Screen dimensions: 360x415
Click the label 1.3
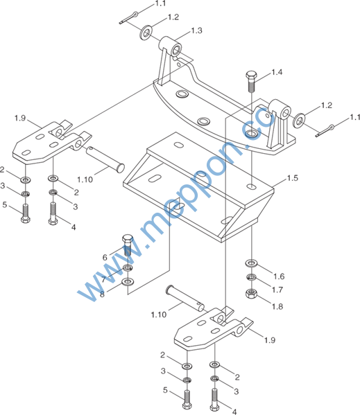click(x=197, y=30)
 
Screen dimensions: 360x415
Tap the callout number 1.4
click(x=277, y=72)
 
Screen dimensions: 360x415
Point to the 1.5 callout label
click(x=293, y=178)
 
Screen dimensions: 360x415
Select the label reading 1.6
click(x=279, y=276)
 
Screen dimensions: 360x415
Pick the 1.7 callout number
click(x=277, y=290)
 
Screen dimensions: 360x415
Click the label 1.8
click(x=277, y=306)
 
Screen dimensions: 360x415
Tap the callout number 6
click(x=105, y=258)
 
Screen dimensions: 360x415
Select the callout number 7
click(x=103, y=279)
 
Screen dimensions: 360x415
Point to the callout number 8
click(x=102, y=294)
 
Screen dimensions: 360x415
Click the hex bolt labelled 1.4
click(x=250, y=81)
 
